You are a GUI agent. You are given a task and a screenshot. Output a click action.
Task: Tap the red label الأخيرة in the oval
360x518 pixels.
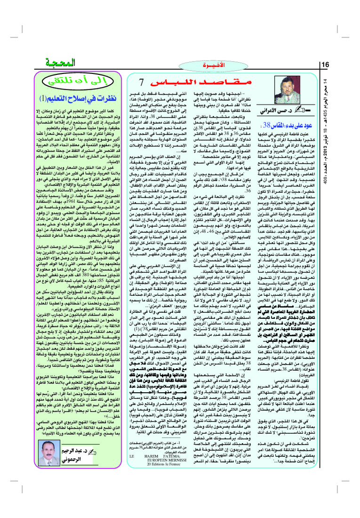tap(206, 65)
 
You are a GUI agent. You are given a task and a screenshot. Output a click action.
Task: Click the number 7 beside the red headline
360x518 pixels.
tap(146, 83)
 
